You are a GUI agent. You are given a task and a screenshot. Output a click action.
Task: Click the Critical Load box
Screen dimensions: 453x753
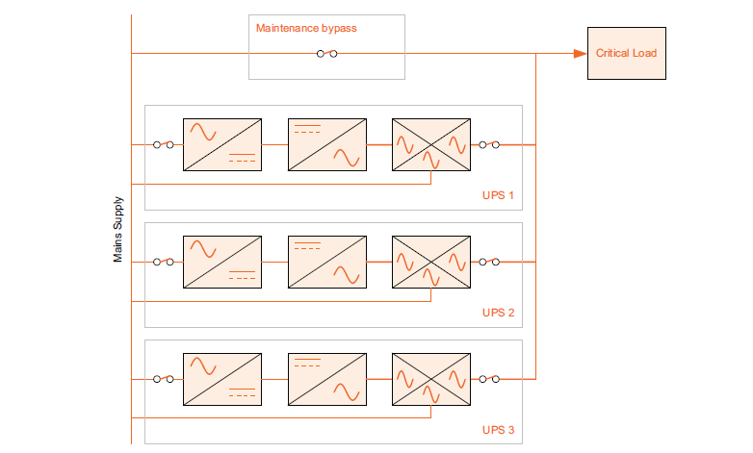[x=626, y=54]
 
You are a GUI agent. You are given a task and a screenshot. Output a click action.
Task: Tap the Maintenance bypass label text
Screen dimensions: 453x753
[x=306, y=29]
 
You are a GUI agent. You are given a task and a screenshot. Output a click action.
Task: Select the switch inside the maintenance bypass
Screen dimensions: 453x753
[x=326, y=54]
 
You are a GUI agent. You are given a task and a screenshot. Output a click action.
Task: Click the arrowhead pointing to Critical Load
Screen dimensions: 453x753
[x=580, y=54]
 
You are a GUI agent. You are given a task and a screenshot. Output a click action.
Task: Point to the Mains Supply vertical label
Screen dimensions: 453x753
[x=118, y=231]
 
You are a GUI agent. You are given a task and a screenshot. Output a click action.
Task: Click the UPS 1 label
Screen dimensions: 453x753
[x=498, y=196]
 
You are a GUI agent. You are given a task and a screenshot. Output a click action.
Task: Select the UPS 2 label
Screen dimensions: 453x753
[x=498, y=314]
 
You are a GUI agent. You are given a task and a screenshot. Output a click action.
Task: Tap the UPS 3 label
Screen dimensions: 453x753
[x=498, y=430]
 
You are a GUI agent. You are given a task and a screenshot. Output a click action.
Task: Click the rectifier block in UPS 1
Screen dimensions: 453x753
[x=222, y=145]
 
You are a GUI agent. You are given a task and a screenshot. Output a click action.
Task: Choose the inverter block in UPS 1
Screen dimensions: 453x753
[x=327, y=145]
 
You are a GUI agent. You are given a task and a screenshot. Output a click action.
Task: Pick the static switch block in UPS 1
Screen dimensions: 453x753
[x=431, y=145]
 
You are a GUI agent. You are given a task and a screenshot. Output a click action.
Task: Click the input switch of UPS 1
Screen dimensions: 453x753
[x=163, y=145]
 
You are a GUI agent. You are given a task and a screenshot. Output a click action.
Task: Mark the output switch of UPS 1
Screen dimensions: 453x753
[x=489, y=145]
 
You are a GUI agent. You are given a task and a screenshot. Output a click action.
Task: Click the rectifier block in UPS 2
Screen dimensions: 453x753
[x=222, y=262]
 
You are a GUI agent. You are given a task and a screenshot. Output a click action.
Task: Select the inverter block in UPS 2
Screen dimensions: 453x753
[x=327, y=262]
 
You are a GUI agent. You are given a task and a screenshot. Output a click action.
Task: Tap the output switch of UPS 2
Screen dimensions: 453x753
[x=489, y=262]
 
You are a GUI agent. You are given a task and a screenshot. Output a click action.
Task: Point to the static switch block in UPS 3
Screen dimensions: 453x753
[x=431, y=379]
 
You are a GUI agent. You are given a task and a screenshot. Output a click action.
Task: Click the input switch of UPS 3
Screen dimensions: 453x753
[x=163, y=379]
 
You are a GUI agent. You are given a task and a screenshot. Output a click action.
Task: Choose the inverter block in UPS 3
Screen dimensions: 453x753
[x=327, y=379]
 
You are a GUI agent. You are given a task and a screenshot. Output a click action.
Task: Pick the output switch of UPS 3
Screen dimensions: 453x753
[x=489, y=379]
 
